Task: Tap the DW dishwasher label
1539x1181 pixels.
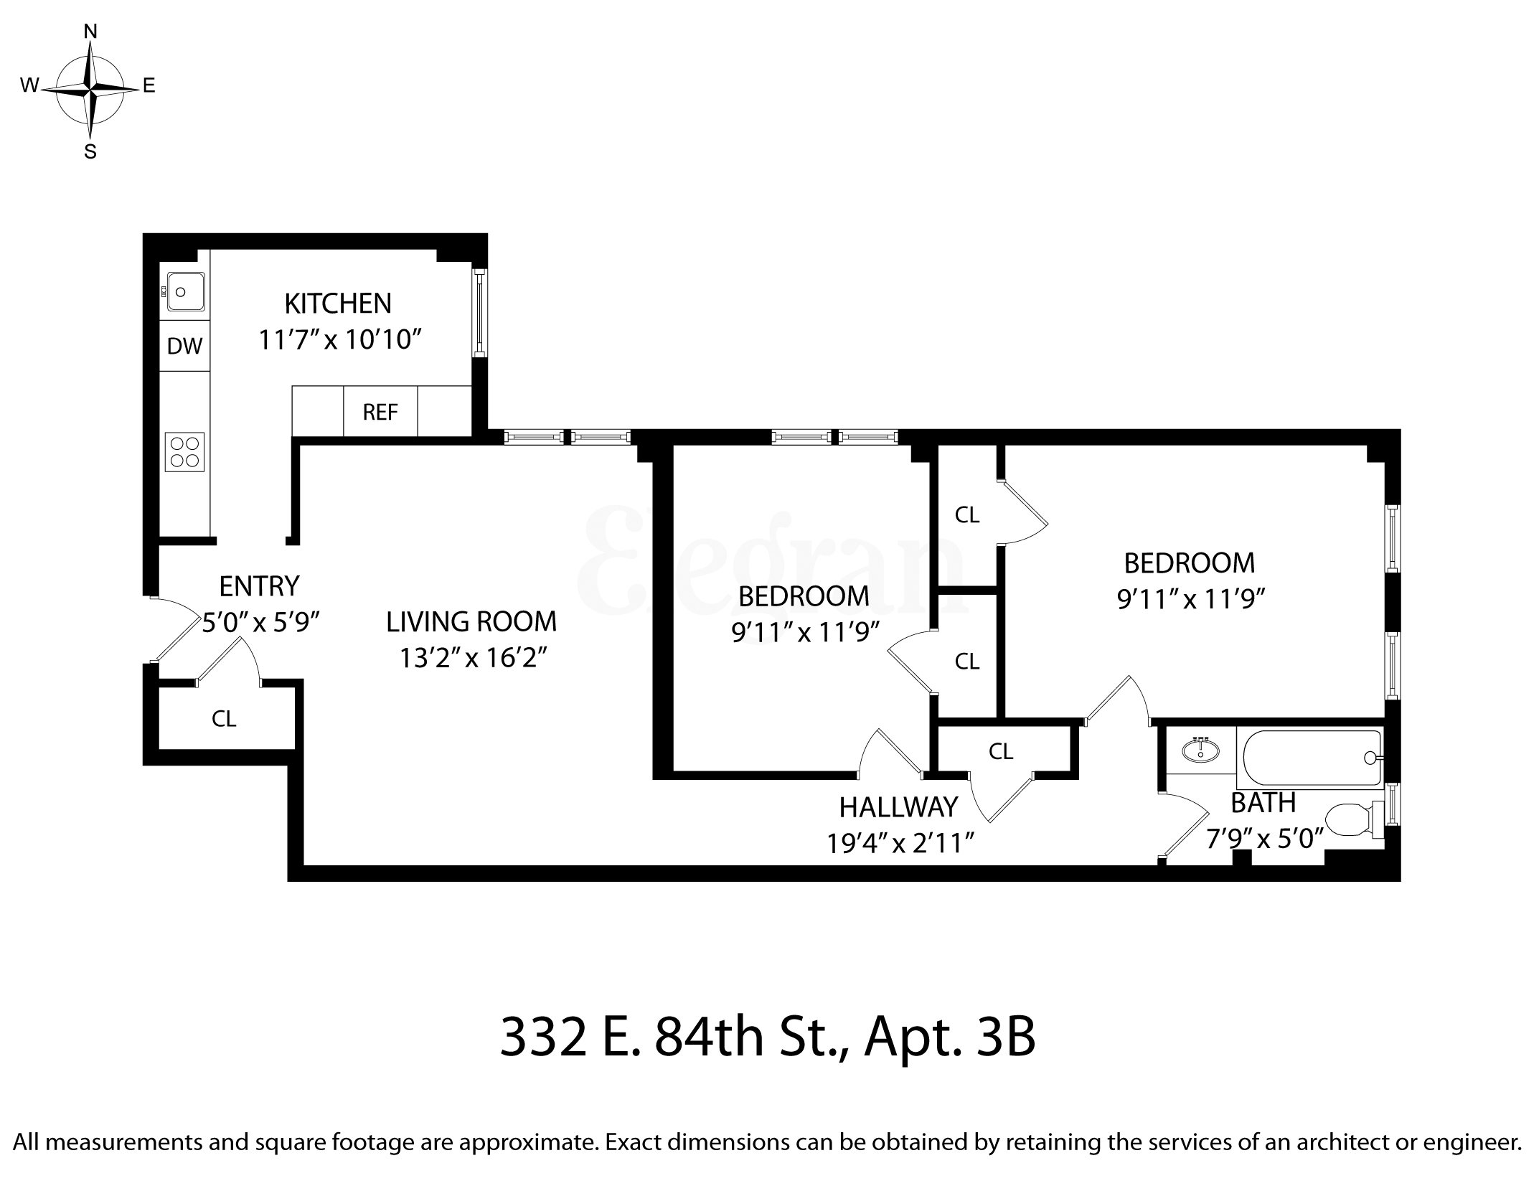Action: (184, 347)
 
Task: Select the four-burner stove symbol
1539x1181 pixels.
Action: (184, 452)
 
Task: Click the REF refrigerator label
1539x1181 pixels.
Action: (380, 413)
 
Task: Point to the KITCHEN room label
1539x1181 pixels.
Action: (338, 304)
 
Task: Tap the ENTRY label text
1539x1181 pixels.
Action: (259, 586)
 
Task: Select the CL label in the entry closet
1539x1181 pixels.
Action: (224, 718)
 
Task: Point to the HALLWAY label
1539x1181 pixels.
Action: (898, 807)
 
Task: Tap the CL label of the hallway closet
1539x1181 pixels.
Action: (1000, 751)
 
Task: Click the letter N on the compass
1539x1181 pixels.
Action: (90, 31)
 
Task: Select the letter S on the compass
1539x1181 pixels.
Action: (90, 152)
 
